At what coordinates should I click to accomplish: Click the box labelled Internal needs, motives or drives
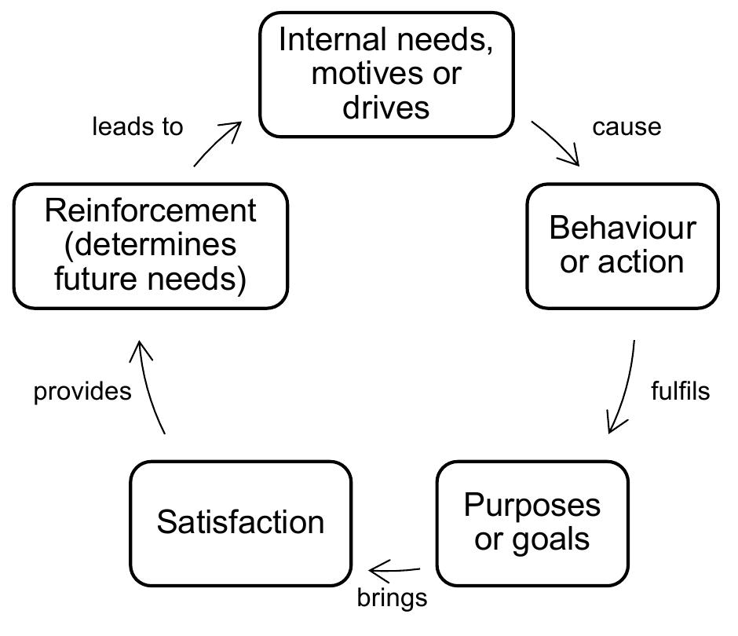386,75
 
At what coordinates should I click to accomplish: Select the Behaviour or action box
622,246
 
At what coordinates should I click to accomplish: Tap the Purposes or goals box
532,523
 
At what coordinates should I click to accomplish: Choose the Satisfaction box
240,523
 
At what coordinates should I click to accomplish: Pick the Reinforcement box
150,246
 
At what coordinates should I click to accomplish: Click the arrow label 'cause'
627,127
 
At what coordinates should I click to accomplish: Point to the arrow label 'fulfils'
680,391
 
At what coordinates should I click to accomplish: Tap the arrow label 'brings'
392,598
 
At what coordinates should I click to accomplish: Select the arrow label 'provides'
82,392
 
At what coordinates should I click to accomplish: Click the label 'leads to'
137,126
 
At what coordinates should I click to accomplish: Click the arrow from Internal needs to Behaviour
556,144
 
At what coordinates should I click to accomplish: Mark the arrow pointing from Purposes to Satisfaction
395,568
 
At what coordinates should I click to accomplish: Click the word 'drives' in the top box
386,106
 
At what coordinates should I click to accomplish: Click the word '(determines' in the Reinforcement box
150,245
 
